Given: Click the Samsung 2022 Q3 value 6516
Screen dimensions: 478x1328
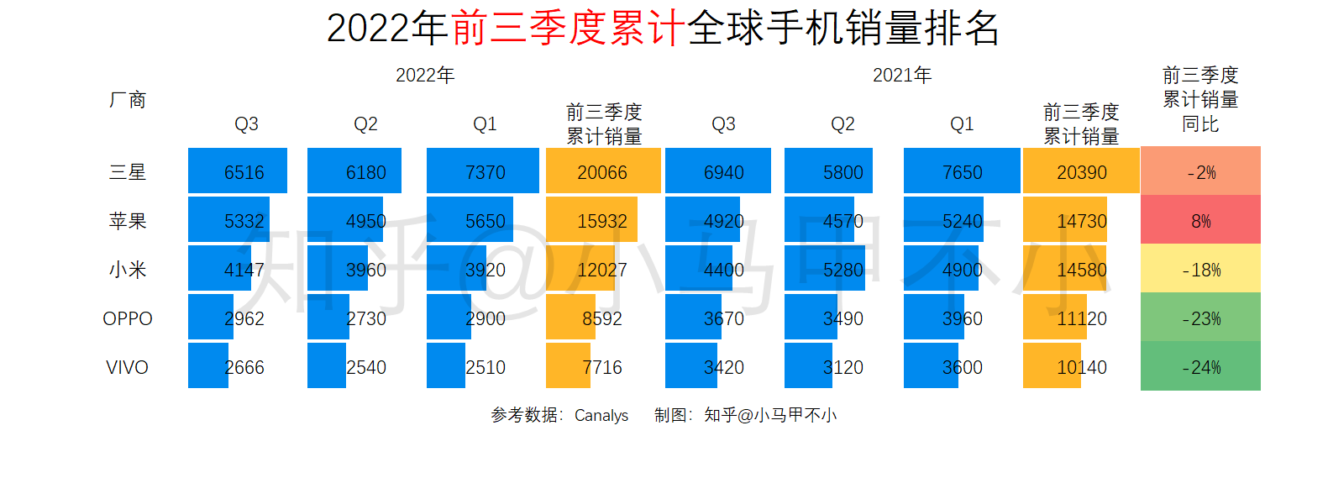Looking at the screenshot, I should (x=244, y=172).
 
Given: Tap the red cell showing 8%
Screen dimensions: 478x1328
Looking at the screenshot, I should (x=1200, y=221).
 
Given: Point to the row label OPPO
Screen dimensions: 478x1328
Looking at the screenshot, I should (x=128, y=318).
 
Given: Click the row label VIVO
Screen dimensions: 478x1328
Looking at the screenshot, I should (x=128, y=367).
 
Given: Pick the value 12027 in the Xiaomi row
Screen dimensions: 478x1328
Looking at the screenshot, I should (x=602, y=270).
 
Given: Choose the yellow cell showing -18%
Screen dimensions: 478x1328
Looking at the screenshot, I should (x=1200, y=270).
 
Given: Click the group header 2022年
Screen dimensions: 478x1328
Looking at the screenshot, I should (x=425, y=76).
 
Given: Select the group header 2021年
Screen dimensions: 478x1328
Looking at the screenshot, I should (x=902, y=76).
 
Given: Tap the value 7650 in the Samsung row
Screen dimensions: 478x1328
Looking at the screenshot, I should (x=962, y=172).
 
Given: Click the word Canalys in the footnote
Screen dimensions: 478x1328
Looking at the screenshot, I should (x=601, y=415).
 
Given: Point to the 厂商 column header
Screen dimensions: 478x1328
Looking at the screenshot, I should (x=128, y=100).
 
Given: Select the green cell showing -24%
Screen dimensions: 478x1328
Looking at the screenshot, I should (x=1200, y=367).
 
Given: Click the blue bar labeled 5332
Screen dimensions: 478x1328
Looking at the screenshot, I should (x=228, y=220).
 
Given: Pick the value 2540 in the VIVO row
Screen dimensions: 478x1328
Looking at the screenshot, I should (x=366, y=367).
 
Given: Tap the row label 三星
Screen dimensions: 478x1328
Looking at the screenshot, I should (x=128, y=172).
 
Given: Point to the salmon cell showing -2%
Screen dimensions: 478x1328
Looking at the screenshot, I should (x=1200, y=172).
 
